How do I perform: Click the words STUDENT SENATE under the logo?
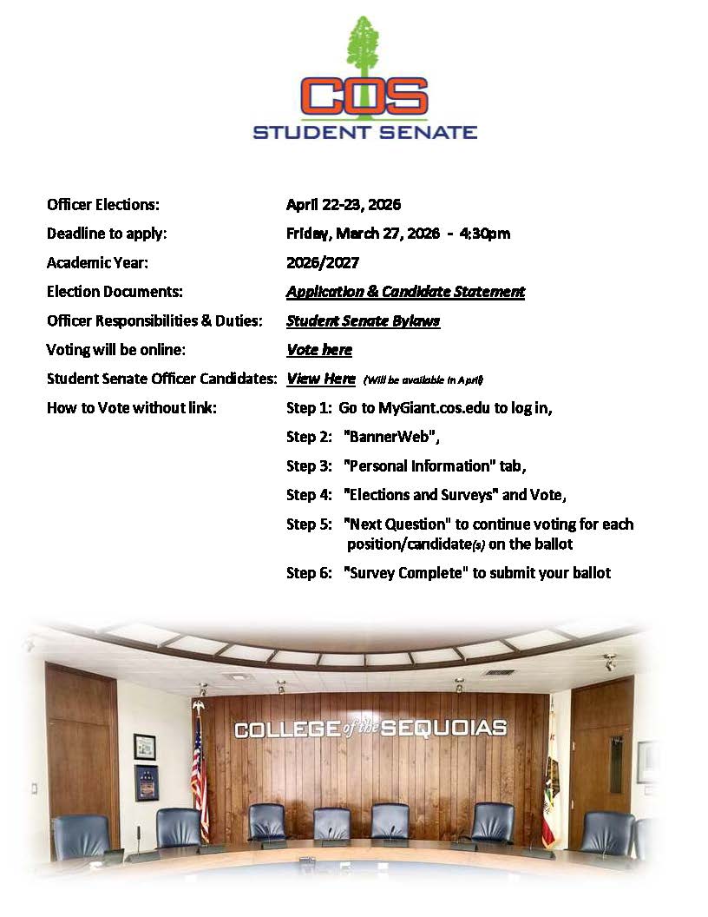coord(364,133)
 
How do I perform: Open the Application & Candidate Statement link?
coord(405,292)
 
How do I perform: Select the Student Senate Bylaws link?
coord(363,320)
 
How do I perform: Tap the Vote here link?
coord(319,350)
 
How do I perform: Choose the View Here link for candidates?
coord(320,379)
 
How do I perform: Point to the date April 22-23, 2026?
coord(344,205)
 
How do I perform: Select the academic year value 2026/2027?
coord(323,262)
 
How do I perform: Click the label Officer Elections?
coord(103,205)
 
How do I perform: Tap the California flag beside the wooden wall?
coord(548,795)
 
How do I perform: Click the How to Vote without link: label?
coord(132,408)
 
